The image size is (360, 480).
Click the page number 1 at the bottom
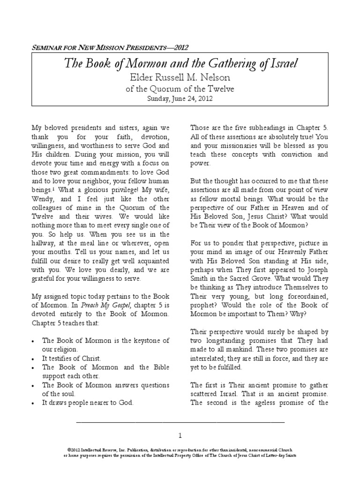click(180, 435)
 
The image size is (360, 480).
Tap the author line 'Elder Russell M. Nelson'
click(180, 77)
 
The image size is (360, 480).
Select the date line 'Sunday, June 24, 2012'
click(180, 98)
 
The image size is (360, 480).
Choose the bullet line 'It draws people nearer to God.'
click(88, 402)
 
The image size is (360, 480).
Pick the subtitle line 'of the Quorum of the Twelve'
click(180, 89)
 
